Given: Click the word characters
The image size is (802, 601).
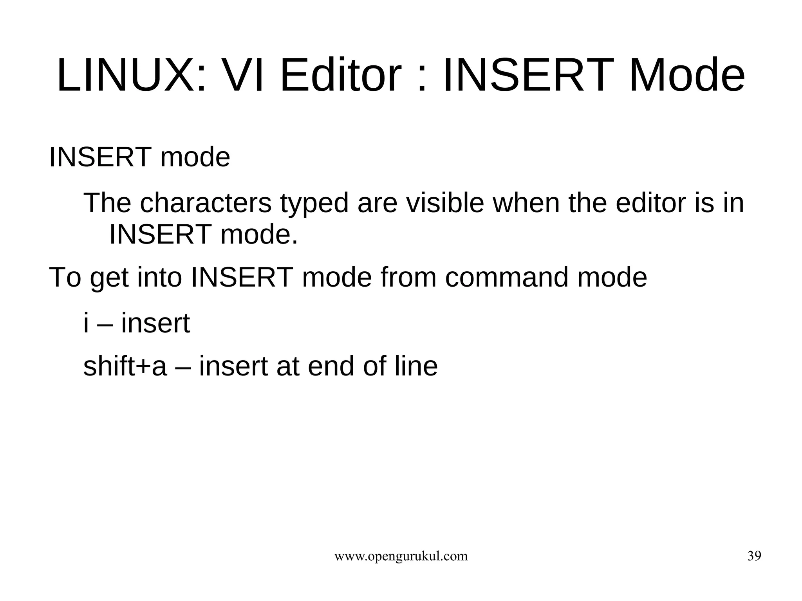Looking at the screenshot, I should [x=205, y=204].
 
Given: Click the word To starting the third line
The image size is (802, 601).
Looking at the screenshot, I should [x=65, y=277].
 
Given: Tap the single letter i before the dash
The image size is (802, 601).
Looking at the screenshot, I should [x=86, y=323].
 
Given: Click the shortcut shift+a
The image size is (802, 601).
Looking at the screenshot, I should [x=125, y=366].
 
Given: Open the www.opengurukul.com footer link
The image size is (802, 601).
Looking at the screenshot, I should [x=401, y=556].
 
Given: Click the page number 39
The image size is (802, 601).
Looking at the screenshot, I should [x=754, y=556].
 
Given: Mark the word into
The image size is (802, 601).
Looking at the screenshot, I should [x=160, y=277].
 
